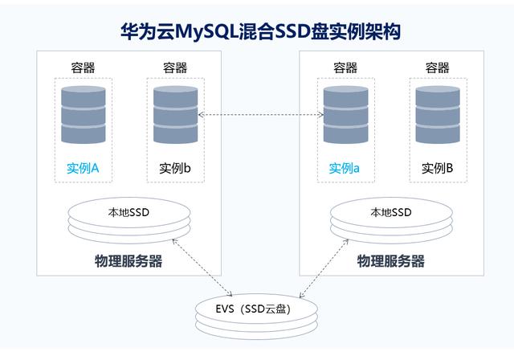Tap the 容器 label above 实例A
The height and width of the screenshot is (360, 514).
(83, 67)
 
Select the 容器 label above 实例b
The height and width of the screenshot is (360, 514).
(174, 67)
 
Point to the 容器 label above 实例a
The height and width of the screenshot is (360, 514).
(345, 67)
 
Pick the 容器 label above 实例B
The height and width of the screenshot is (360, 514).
(437, 67)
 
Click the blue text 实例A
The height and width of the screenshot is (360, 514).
(83, 169)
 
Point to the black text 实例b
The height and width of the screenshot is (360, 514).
(174, 169)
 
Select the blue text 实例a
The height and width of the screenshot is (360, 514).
(345, 169)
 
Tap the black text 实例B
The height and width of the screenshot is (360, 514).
(437, 169)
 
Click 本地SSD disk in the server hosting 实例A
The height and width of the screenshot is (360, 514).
(128, 219)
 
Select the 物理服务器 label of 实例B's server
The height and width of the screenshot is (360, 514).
(390, 261)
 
